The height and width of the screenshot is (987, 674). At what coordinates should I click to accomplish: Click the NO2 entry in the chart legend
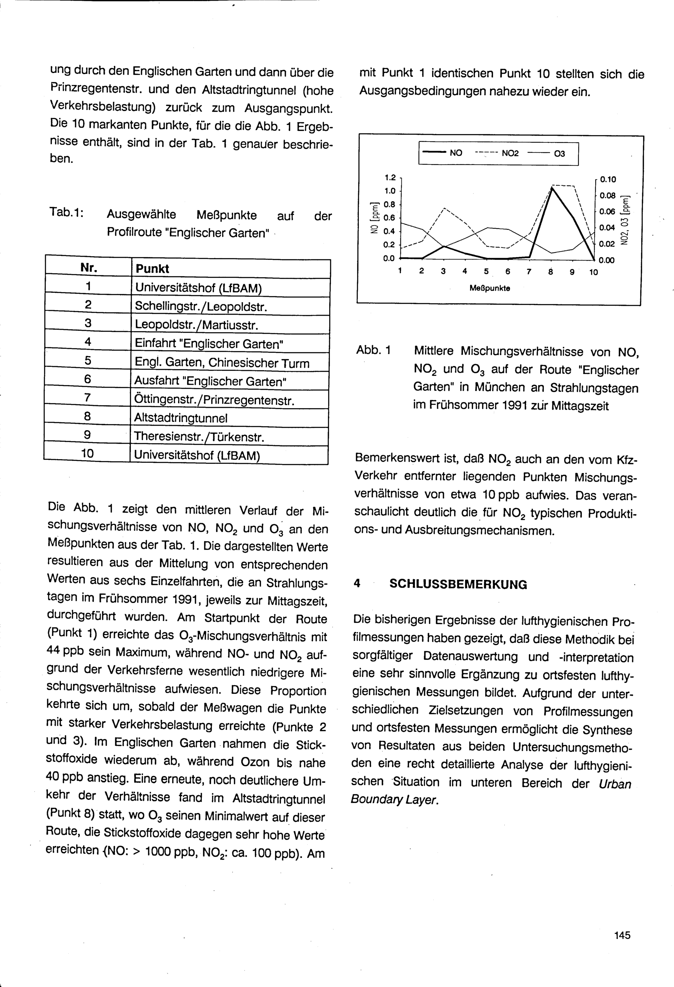[x=510, y=153]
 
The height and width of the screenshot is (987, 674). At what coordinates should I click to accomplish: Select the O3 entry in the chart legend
[x=560, y=153]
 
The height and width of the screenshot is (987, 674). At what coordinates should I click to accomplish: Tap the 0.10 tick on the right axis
[x=608, y=180]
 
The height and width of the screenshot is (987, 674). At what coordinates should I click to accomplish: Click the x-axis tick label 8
[x=550, y=272]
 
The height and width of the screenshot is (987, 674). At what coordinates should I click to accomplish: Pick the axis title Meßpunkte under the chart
[x=490, y=288]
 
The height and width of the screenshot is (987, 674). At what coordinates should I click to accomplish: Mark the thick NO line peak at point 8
[x=551, y=189]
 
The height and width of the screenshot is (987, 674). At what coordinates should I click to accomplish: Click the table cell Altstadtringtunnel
[x=181, y=418]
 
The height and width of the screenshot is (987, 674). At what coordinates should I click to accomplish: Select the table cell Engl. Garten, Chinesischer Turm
[x=222, y=363]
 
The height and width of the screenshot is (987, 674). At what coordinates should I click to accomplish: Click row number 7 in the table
[x=88, y=398]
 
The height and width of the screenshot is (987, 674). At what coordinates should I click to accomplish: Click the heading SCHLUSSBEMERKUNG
[x=458, y=584]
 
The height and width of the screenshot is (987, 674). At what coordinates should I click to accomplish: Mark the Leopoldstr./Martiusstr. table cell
[x=196, y=325]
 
